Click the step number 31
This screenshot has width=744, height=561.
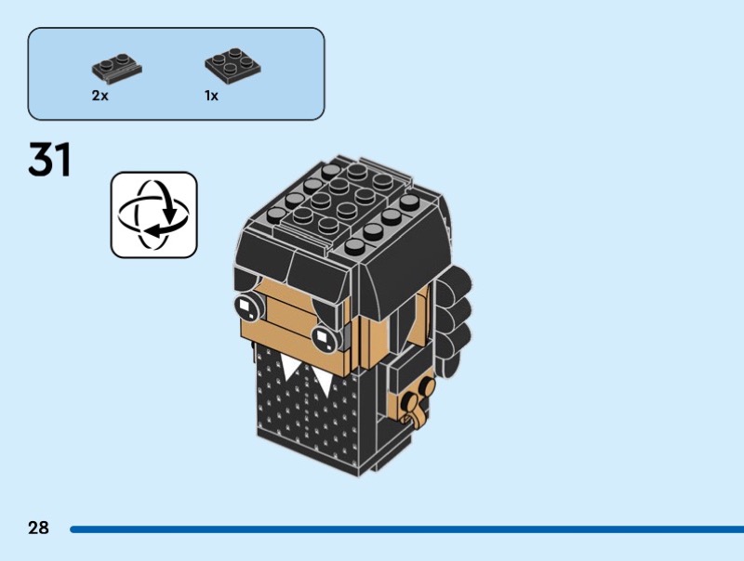(50, 160)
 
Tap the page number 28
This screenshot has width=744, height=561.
(38, 528)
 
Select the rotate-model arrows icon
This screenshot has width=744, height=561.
(153, 215)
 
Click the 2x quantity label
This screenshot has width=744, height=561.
(100, 96)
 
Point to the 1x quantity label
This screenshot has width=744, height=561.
(211, 96)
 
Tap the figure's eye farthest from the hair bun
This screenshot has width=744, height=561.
(246, 303)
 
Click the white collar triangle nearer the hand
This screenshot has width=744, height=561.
(323, 379)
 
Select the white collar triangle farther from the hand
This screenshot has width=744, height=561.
(290, 369)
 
